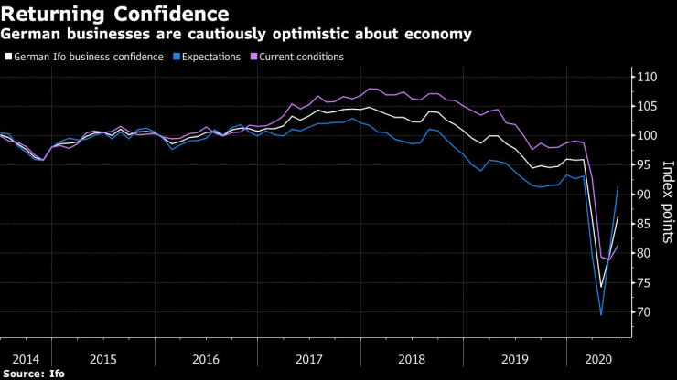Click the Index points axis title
click(668, 195)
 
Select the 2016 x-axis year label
click(206, 360)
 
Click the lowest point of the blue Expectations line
click(601, 315)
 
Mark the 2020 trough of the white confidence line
click(601, 287)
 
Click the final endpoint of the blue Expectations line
click(618, 186)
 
